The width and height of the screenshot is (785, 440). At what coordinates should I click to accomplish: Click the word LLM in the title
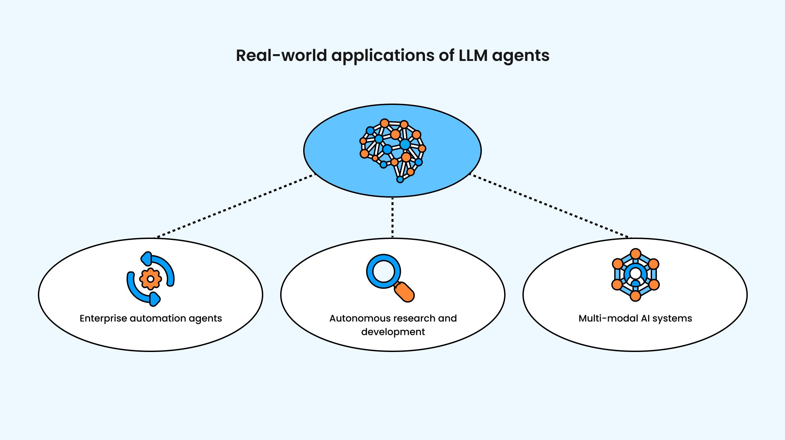tap(473, 55)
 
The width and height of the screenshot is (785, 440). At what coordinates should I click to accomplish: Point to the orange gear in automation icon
tap(151, 279)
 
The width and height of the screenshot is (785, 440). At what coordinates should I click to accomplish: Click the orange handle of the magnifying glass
tap(405, 292)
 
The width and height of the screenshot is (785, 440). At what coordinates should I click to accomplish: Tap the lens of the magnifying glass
tap(383, 271)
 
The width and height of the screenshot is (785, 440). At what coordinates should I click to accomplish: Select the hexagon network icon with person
tap(635, 275)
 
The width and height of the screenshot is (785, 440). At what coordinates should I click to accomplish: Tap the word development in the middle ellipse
tap(393, 332)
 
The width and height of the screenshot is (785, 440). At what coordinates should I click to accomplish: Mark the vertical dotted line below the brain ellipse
tap(392, 217)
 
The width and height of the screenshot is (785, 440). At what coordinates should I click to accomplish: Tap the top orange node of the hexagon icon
tap(635, 254)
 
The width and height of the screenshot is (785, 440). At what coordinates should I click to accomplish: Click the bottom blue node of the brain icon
tap(400, 179)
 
